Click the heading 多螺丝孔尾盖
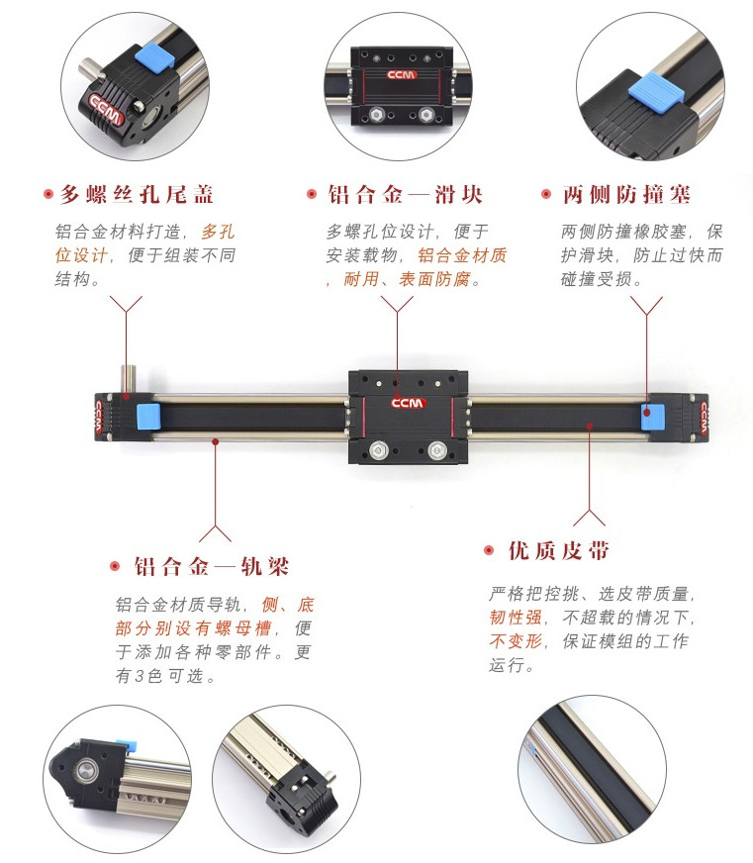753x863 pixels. pyautogui.click(x=137, y=194)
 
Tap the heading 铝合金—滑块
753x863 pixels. pyautogui.click(x=406, y=194)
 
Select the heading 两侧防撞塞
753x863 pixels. pyautogui.click(x=626, y=194)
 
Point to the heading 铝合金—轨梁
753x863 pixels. pyautogui.click(x=212, y=566)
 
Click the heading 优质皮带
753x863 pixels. pyautogui.click(x=559, y=550)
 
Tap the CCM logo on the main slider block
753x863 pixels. pyautogui.click(x=408, y=403)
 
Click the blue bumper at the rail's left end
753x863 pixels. pyautogui.click(x=147, y=418)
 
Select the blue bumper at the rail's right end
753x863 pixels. pyautogui.click(x=653, y=418)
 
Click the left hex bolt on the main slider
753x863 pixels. pyautogui.click(x=378, y=450)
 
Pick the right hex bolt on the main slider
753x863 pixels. pyautogui.click(x=436, y=450)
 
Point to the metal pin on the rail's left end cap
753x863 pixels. pyautogui.click(x=129, y=379)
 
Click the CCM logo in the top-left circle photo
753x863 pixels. pyautogui.click(x=106, y=110)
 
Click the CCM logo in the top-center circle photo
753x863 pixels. pyautogui.click(x=402, y=75)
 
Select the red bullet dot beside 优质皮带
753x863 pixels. pyautogui.click(x=488, y=550)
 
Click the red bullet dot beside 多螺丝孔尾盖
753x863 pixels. pyautogui.click(x=47, y=194)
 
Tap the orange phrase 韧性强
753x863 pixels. pyautogui.click(x=516, y=618)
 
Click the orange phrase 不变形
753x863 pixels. pyautogui.click(x=516, y=641)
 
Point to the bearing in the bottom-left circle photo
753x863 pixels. pyautogui.click(x=87, y=770)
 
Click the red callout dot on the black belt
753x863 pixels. pyautogui.click(x=590, y=426)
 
